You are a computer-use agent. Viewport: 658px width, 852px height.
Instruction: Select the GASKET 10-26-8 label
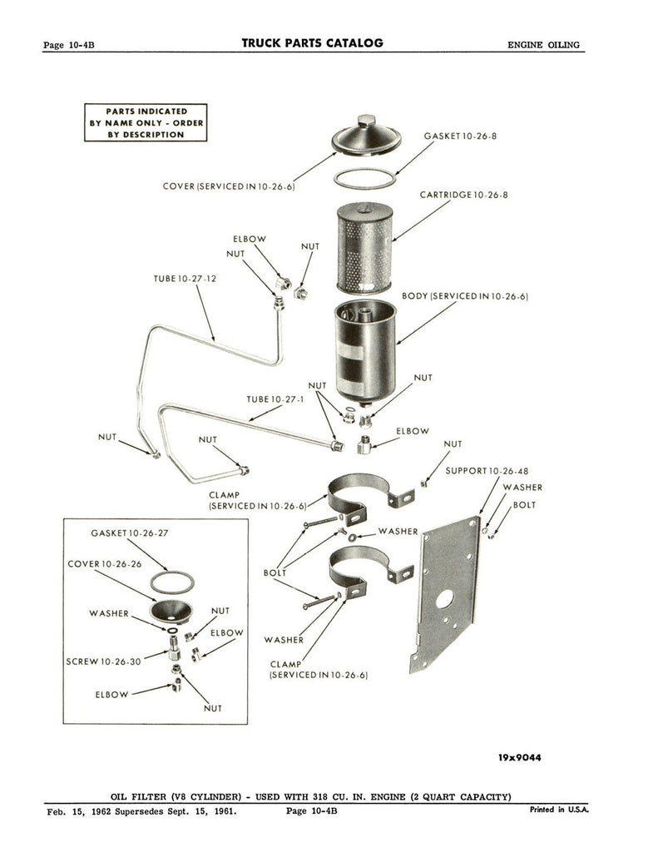(x=460, y=136)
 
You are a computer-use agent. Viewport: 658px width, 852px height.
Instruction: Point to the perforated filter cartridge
(x=364, y=248)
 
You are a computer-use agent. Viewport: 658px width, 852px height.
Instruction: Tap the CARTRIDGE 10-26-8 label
(x=463, y=195)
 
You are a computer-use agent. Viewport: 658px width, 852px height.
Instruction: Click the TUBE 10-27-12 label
(x=185, y=279)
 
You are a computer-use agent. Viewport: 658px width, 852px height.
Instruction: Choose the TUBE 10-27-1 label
(x=275, y=399)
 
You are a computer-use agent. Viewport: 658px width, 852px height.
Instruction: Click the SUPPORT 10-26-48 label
(x=487, y=471)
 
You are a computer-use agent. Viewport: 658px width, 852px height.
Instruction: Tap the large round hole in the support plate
(x=444, y=599)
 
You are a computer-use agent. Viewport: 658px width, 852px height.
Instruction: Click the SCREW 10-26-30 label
(x=103, y=661)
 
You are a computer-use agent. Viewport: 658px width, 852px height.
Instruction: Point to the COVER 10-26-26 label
(x=104, y=564)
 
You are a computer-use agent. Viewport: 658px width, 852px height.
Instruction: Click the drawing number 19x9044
(x=519, y=757)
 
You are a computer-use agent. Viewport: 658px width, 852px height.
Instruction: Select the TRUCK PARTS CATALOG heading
(x=313, y=43)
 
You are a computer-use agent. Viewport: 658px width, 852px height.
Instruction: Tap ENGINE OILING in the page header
(x=543, y=45)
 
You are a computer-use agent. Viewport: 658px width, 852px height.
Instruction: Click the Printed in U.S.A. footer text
(x=559, y=810)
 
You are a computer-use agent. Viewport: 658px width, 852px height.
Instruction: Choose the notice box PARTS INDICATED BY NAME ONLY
(x=146, y=123)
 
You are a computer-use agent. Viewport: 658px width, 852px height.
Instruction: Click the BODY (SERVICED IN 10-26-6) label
(x=465, y=296)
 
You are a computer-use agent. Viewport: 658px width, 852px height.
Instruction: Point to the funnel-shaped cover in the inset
(x=171, y=610)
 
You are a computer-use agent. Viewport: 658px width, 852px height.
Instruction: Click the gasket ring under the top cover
(x=364, y=178)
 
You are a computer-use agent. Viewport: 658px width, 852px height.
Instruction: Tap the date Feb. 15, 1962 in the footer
(x=79, y=812)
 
